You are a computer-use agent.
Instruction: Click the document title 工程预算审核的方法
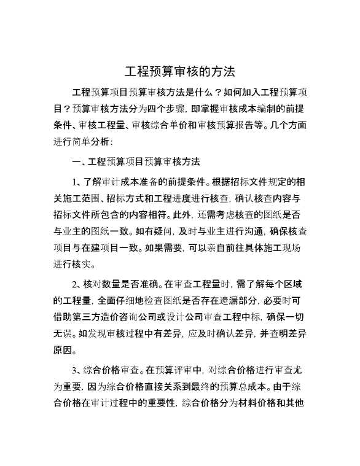point(180,71)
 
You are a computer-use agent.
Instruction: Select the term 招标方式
point(146,199)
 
